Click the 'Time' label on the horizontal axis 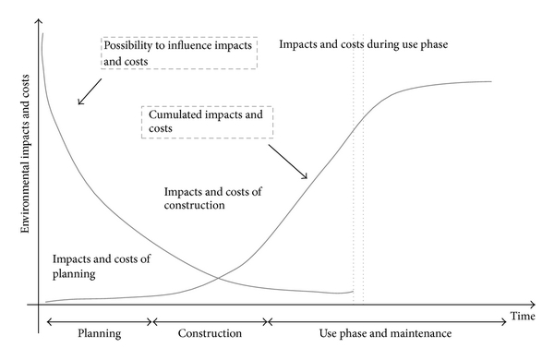coord(523,316)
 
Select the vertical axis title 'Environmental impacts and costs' coord(25,153)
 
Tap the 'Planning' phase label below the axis coord(100,333)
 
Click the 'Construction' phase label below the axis coord(210,333)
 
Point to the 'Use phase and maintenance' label coord(385,333)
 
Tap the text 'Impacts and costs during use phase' coord(364,44)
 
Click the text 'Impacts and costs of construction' coord(212,198)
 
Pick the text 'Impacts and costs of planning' coord(102,266)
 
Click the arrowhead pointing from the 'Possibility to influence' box coord(79,103)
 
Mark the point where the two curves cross coord(217,278)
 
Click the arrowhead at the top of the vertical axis coord(39,20)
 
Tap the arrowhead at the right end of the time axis coord(534,305)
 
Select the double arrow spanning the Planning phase coord(100,322)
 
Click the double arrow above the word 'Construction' coord(210,322)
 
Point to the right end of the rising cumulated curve coord(491,81)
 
